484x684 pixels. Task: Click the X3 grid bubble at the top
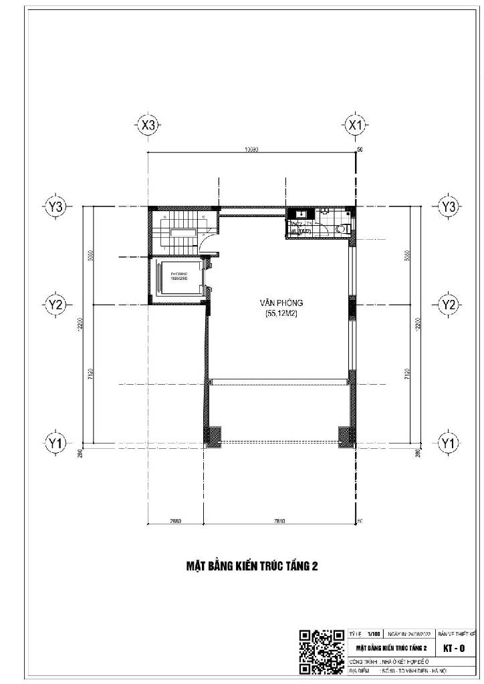148,125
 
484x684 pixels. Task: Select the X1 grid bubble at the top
355,125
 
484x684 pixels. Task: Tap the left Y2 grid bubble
56,305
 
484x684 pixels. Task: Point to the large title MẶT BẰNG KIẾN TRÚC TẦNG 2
251,566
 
